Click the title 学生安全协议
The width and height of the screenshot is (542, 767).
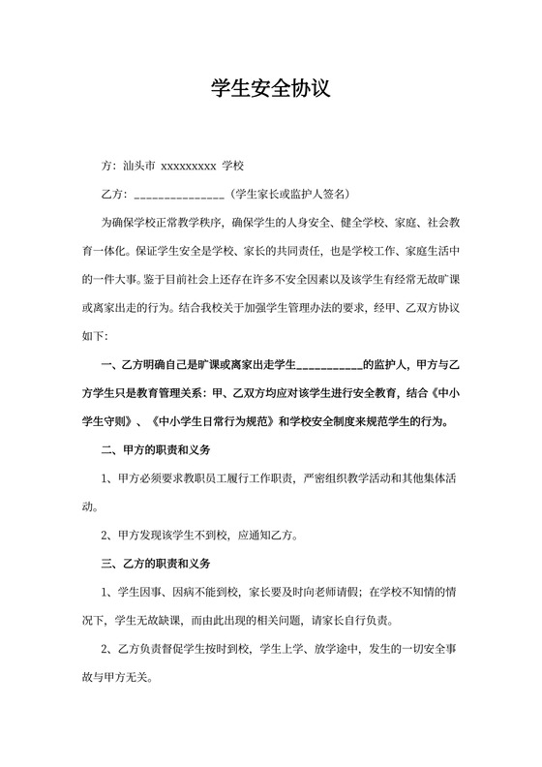click(x=271, y=90)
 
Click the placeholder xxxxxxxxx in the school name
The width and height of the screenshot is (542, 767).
click(x=187, y=166)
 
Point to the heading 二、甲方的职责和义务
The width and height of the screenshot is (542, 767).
click(x=156, y=450)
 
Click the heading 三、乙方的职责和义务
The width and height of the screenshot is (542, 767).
click(x=156, y=563)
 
